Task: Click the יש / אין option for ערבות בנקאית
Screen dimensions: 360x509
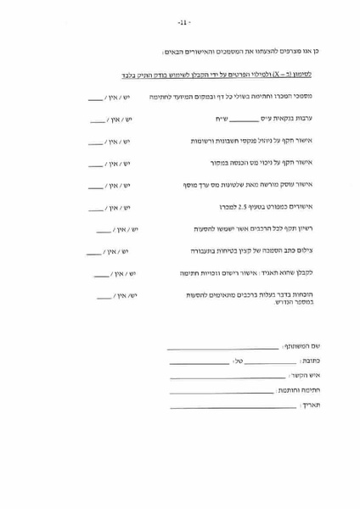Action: [111, 122]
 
